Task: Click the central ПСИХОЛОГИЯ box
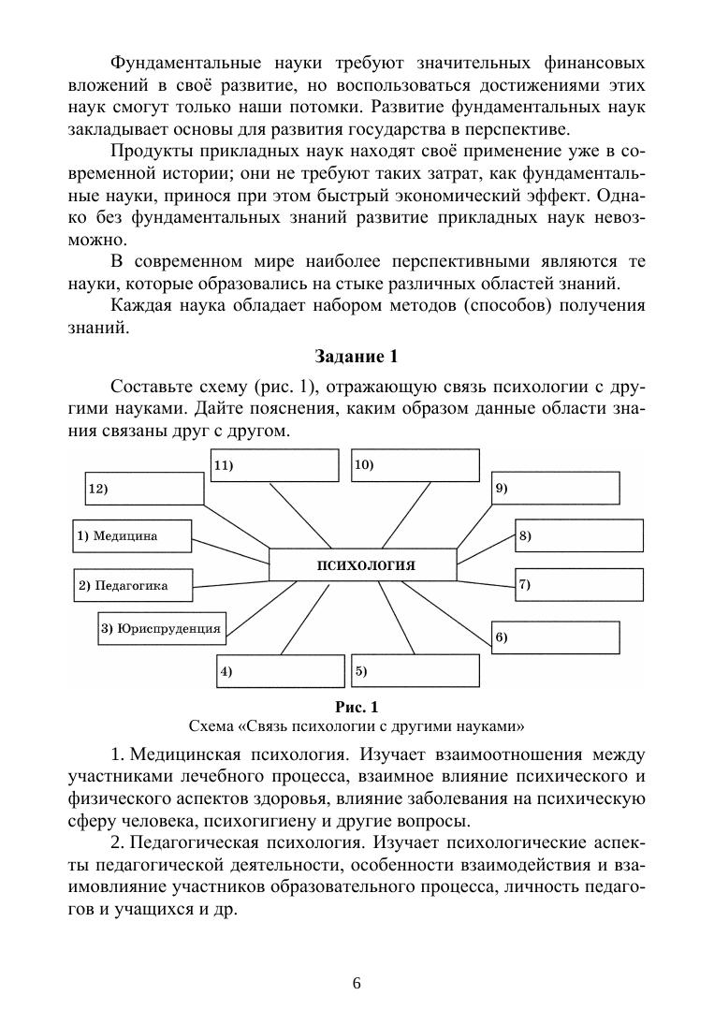[363, 565]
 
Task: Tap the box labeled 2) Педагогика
[133, 585]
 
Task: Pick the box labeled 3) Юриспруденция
[161, 628]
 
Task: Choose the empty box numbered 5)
[415, 670]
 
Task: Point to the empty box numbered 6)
[555, 637]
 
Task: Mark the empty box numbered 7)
[579, 584]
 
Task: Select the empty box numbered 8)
[579, 535]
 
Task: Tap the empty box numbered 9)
[555, 488]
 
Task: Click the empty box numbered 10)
[415, 465]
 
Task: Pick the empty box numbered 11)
[273, 465]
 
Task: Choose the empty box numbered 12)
[141, 488]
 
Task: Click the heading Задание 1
[356, 356]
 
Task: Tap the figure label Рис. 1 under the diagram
[356, 706]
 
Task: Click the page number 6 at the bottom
[357, 983]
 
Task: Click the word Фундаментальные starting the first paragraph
[175, 64]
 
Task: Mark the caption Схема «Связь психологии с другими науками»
[356, 725]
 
